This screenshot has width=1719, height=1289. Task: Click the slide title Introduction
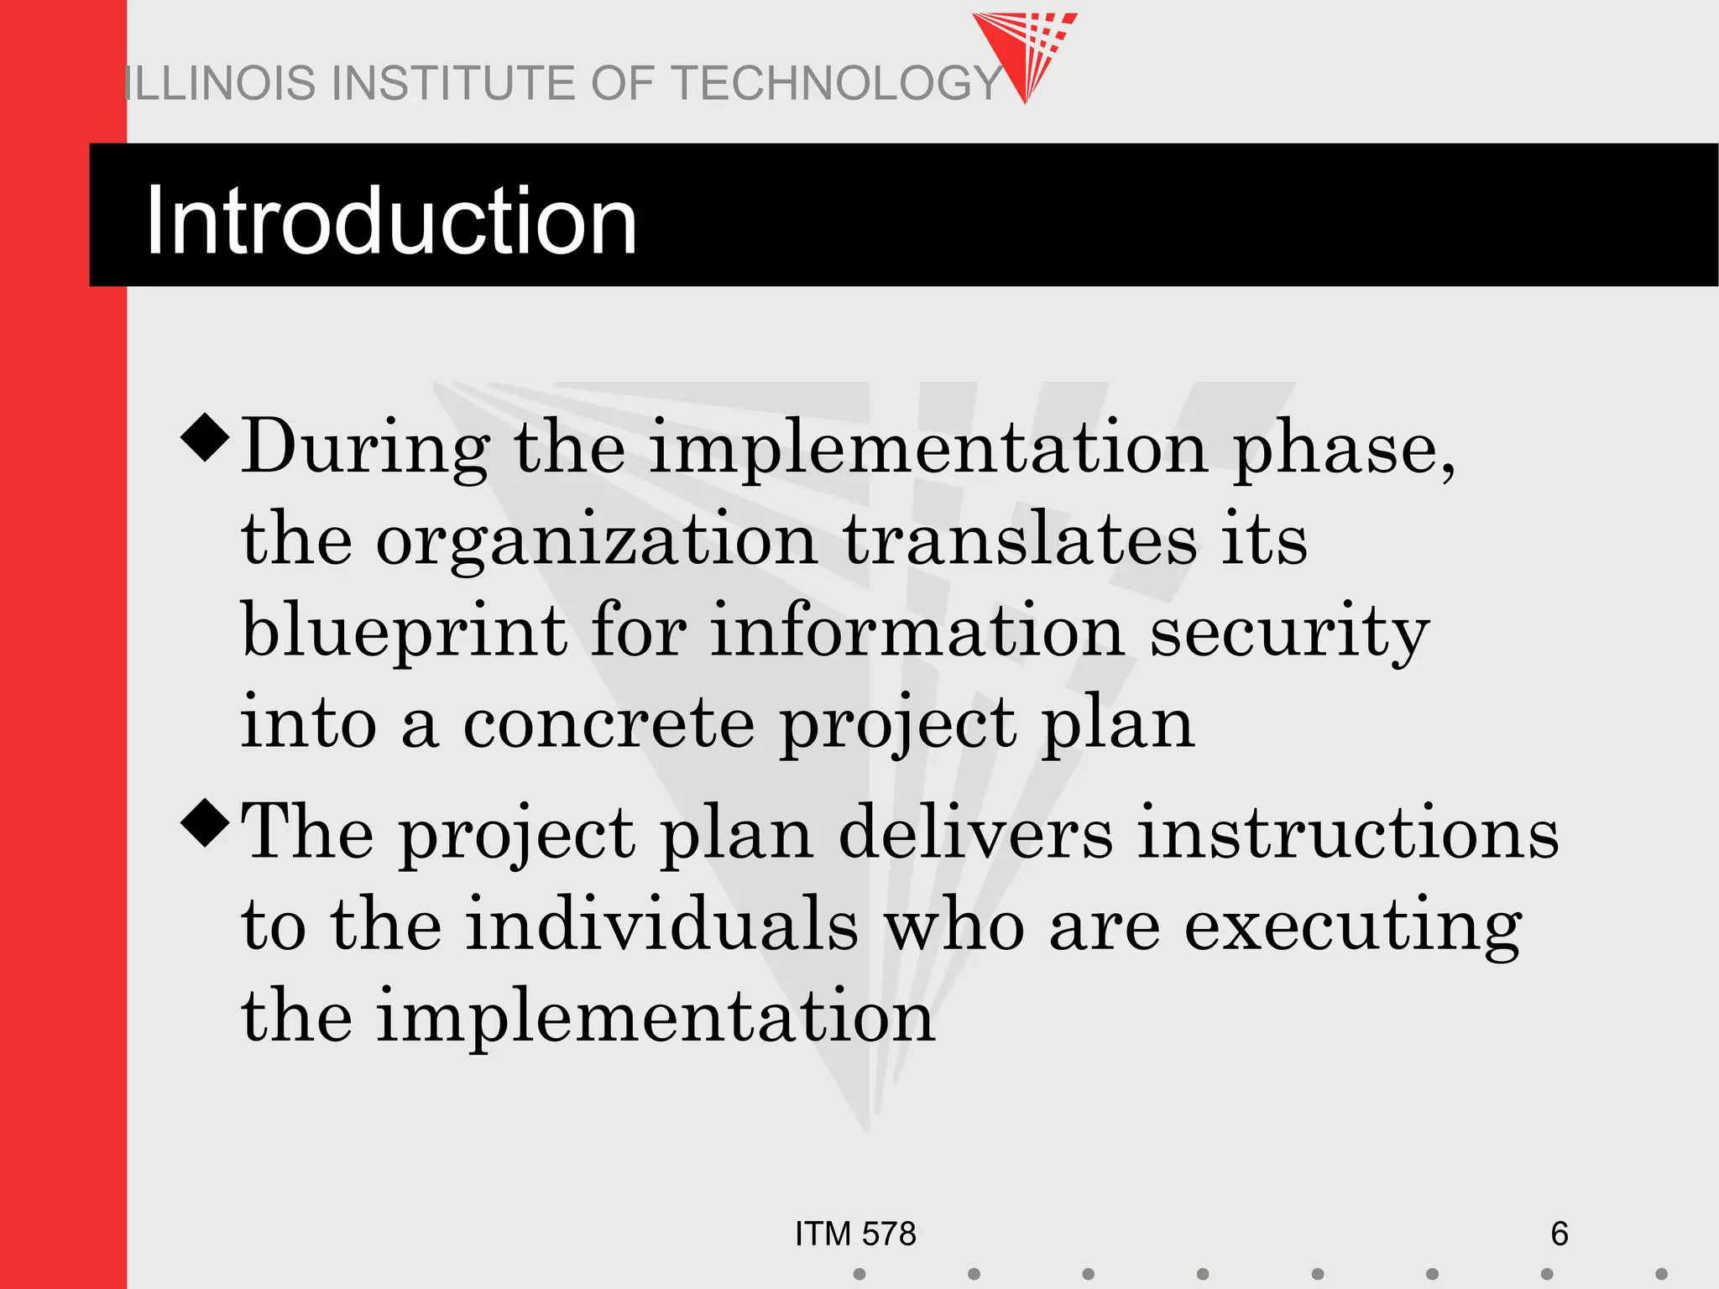[391, 221]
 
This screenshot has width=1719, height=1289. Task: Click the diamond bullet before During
[205, 437]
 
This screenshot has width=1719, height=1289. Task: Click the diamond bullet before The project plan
[205, 823]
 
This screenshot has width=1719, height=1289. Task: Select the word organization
[596, 541]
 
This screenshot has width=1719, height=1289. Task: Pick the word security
[1289, 633]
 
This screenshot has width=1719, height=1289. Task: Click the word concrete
[609, 723]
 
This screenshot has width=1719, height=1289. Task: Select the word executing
[1353, 926]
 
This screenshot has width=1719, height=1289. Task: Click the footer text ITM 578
[855, 1234]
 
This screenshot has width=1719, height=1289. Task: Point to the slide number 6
[1559, 1234]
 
